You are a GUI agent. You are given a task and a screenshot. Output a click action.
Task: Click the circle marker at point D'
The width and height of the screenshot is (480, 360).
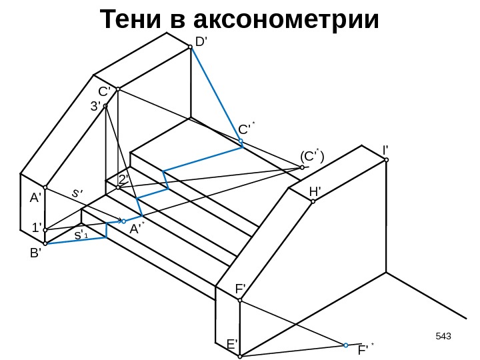coord(190,47)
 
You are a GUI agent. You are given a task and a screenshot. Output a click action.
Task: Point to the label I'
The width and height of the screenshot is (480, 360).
coord(385,150)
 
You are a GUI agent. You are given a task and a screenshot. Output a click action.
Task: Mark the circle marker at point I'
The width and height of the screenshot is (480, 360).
coord(385,160)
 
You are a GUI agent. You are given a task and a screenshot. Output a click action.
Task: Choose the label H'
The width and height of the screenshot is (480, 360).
coord(315,191)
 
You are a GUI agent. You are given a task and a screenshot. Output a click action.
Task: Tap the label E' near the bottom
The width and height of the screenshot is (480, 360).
coord(232,344)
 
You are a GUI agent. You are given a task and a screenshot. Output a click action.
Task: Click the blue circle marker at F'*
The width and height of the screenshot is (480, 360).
coord(346,345)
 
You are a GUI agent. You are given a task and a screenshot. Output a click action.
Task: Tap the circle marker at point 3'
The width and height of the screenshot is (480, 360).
coord(106,105)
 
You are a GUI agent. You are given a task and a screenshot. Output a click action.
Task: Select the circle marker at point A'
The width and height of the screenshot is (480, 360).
coord(45,188)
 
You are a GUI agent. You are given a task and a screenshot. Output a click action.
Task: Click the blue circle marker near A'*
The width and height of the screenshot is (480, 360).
coord(124,221)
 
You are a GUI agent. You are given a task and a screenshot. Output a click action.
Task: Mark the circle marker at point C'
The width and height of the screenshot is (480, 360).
coord(117,89)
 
